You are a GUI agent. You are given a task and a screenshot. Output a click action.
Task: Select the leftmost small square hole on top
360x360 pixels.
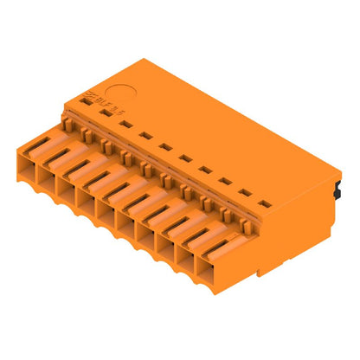click(87, 103)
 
